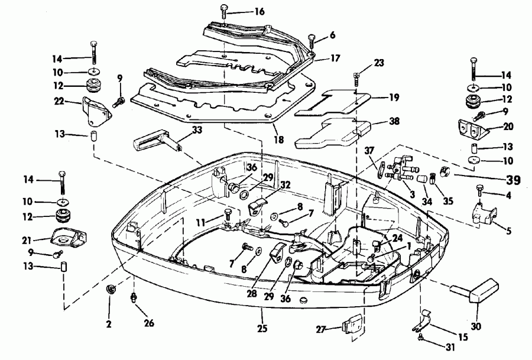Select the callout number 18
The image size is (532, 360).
(x=277, y=140)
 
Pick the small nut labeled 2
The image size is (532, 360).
(x=110, y=289)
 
